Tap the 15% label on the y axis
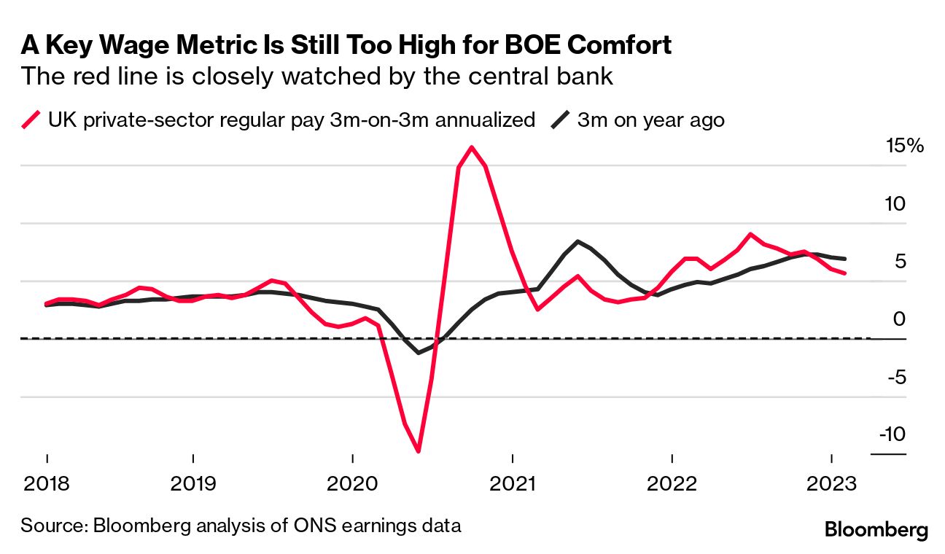[x=904, y=146]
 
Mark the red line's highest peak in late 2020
[x=472, y=147]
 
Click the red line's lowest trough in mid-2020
[x=418, y=451]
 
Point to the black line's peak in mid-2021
[x=577, y=241]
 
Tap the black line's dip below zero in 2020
[x=419, y=353]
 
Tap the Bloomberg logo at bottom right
[x=876, y=529]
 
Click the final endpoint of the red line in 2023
[x=844, y=273]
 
